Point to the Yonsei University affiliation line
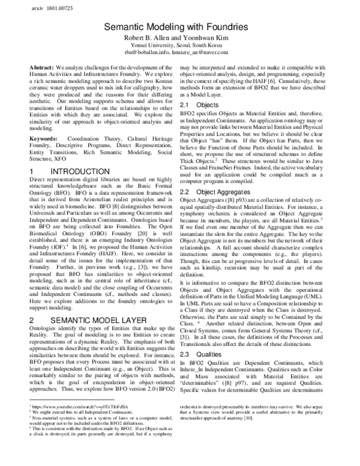180,45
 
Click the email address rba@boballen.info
157,52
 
